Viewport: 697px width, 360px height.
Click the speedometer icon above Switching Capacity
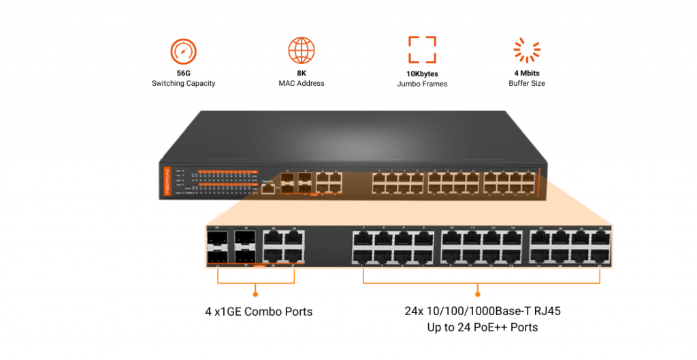point(182,51)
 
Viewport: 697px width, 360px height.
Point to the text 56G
point(183,73)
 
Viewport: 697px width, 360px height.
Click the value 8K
point(302,73)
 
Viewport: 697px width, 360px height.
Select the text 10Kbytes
point(422,73)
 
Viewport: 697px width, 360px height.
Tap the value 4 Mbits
point(527,73)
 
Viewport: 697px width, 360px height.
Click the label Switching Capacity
point(183,84)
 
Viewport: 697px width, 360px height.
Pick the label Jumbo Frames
point(422,84)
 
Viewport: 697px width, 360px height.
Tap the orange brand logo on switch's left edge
point(167,183)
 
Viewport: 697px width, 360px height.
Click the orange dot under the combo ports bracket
point(256,294)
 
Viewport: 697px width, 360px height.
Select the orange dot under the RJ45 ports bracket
point(478,294)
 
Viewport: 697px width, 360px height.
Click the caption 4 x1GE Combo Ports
point(259,312)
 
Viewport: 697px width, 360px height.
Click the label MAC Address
point(302,84)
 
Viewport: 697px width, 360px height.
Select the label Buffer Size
point(527,84)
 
